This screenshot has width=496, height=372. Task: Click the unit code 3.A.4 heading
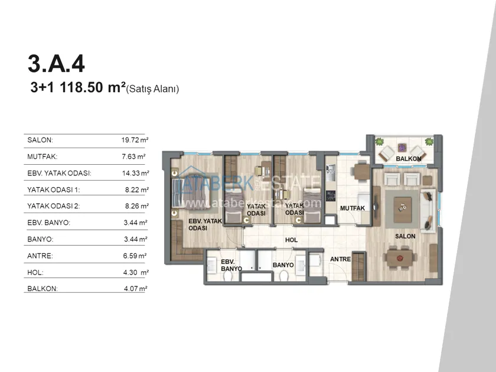[56, 64]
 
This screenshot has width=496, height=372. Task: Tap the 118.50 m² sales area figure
[93, 87]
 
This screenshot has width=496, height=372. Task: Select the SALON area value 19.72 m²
[135, 140]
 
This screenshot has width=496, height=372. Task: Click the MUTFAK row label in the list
[43, 156]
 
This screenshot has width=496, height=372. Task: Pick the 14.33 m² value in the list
[135, 173]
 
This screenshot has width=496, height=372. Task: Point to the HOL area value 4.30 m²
[136, 272]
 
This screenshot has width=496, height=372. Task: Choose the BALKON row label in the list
[43, 289]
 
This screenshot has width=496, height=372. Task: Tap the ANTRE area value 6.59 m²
[135, 256]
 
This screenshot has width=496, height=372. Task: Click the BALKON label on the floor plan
[409, 159]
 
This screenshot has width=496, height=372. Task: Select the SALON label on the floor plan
[405, 236]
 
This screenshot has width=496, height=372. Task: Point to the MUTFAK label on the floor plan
[353, 208]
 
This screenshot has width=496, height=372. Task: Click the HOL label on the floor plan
[291, 240]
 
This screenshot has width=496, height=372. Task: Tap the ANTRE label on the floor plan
[340, 259]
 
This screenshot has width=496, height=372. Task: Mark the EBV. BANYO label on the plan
[231, 265]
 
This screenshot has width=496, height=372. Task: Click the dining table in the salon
[400, 258]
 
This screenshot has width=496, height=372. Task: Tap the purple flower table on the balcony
[402, 148]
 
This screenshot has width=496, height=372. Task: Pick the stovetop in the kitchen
[331, 196]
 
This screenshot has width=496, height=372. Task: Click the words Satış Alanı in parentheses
[153, 89]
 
